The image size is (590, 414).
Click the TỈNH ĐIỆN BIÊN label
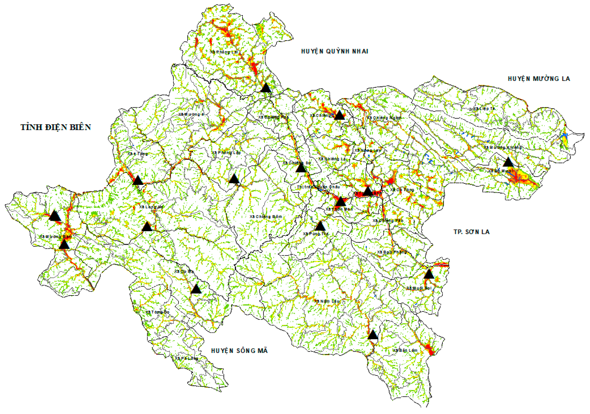click(x=56, y=127)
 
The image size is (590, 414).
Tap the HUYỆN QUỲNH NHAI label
click(x=334, y=51)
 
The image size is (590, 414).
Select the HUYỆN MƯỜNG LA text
click(x=539, y=79)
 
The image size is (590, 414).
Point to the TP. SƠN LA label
click(x=472, y=232)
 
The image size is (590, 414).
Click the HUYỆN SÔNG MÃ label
click(x=239, y=351)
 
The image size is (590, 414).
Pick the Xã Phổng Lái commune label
click(x=224, y=52)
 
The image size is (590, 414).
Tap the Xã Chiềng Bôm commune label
click(x=266, y=217)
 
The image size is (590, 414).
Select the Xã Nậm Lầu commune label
click(x=328, y=301)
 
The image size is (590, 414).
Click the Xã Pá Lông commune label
click(x=187, y=358)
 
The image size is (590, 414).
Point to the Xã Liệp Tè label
click(x=484, y=109)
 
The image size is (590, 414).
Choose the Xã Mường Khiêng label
click(x=503, y=148)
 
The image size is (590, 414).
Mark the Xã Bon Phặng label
click(x=392, y=252)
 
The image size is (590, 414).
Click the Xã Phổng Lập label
click(x=226, y=153)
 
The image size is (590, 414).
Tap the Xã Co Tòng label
click(x=402, y=190)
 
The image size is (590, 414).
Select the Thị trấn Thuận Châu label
click(x=318, y=187)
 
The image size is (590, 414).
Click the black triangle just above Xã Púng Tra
click(x=320, y=226)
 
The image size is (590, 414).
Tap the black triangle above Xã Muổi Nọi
click(x=429, y=274)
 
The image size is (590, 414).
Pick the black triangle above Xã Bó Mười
click(x=508, y=162)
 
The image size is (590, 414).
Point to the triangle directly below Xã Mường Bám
click(x=64, y=245)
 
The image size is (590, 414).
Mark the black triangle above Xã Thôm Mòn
click(x=341, y=202)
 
